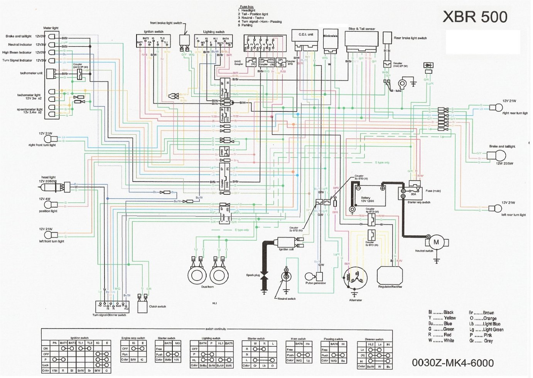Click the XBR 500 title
475,17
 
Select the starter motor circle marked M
436,242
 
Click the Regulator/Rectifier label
390,287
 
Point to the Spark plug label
253,275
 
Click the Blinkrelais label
331,36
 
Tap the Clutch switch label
157,306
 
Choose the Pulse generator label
315,283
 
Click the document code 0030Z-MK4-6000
453,363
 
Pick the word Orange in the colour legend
489,318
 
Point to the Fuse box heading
247,7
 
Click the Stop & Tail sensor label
361,29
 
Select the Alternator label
355,300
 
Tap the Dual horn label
207,287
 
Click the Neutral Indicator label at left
20,44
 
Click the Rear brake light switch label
410,38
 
